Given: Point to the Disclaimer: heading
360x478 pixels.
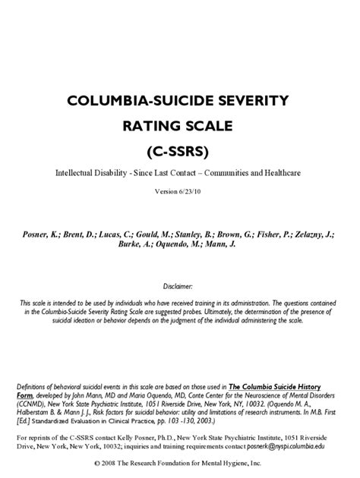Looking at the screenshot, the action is pos(179,288).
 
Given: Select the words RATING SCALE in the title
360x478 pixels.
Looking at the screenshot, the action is pos(180,124).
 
